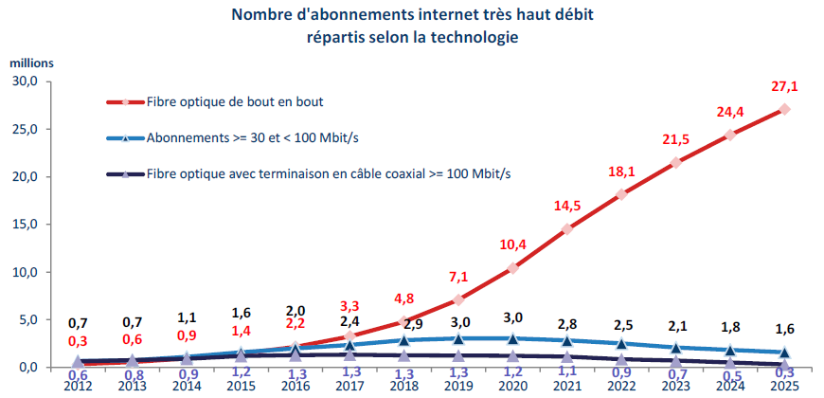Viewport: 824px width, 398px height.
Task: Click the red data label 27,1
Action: [x=784, y=86]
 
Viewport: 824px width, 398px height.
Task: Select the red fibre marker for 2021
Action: [x=566, y=229]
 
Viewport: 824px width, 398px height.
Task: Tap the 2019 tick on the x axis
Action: [x=457, y=386]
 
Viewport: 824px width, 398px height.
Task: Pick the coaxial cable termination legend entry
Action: [x=309, y=174]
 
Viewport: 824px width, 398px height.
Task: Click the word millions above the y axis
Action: [x=31, y=63]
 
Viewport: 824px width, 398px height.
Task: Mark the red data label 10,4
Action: [x=512, y=244]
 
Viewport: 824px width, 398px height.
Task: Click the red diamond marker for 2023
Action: [x=676, y=163]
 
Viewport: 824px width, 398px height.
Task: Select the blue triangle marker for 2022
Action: [x=621, y=343]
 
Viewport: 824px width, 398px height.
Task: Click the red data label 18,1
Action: [x=621, y=172]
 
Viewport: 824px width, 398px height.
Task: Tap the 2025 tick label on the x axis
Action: [x=784, y=386]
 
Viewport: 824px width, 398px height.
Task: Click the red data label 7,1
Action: [x=457, y=276]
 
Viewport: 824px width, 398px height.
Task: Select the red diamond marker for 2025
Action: [x=784, y=109]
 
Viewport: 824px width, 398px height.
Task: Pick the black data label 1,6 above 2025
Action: [x=784, y=329]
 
